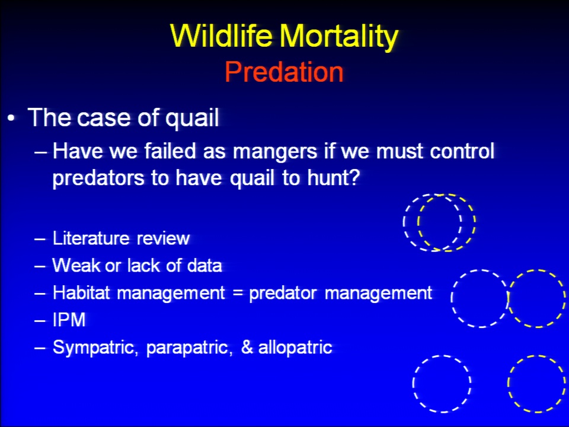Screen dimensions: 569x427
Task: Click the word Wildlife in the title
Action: (x=221, y=36)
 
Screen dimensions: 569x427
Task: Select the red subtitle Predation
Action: (x=284, y=72)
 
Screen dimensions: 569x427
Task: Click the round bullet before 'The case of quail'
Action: (x=12, y=119)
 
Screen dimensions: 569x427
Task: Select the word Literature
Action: (x=91, y=238)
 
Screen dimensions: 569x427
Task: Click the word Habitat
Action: (x=81, y=292)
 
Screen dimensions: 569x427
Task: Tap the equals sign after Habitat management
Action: (x=238, y=293)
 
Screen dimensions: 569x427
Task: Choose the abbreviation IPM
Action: (x=69, y=320)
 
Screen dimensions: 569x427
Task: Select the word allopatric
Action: (x=295, y=347)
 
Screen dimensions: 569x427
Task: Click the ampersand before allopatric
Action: (x=247, y=347)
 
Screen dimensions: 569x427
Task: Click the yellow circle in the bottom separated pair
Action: (x=508, y=384)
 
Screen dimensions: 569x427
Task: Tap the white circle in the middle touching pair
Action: (x=452, y=298)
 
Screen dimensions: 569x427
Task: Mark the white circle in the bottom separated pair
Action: (x=413, y=384)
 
